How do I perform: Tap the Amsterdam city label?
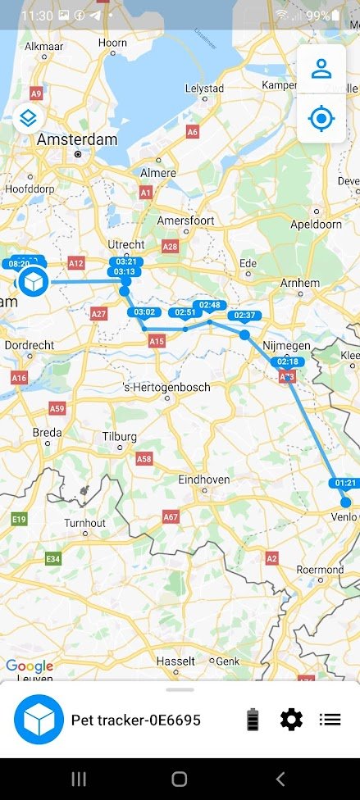(x=77, y=140)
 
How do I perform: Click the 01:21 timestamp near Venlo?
(x=345, y=483)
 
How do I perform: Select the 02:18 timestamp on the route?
(x=288, y=361)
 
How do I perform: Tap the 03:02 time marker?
(x=144, y=311)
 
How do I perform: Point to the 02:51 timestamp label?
(x=185, y=312)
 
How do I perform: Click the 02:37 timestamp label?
(x=244, y=316)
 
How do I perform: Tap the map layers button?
(x=29, y=118)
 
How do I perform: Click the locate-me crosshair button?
(x=321, y=119)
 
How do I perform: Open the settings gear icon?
(x=291, y=720)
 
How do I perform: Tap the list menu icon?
(x=330, y=720)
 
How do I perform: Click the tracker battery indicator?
(x=253, y=720)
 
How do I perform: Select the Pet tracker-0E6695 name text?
(x=135, y=720)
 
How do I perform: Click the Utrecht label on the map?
(x=126, y=244)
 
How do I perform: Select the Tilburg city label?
(x=120, y=437)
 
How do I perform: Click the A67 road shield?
(x=171, y=517)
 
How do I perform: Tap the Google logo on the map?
(x=29, y=666)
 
